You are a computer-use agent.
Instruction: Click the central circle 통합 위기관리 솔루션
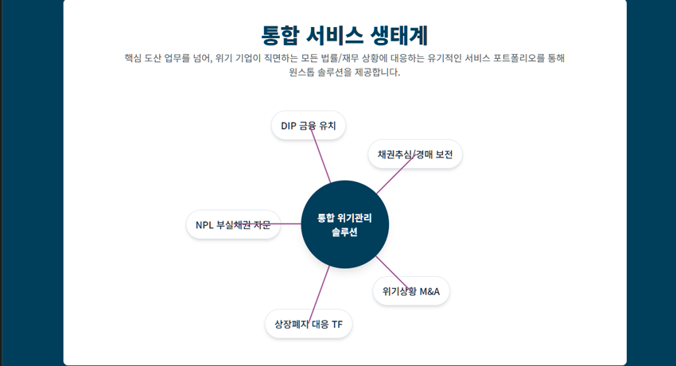point(344,224)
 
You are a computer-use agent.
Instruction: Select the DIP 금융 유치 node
point(309,126)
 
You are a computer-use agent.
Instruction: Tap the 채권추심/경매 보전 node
point(415,154)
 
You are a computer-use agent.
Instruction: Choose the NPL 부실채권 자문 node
point(233,225)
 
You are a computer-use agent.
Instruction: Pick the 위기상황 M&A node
point(411,291)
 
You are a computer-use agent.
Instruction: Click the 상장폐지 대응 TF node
point(309,325)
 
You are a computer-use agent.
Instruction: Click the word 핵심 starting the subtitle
point(134,58)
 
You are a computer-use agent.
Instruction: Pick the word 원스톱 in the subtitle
point(303,72)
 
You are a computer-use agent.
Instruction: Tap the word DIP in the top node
point(289,126)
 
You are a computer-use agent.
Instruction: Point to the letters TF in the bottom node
point(337,325)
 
